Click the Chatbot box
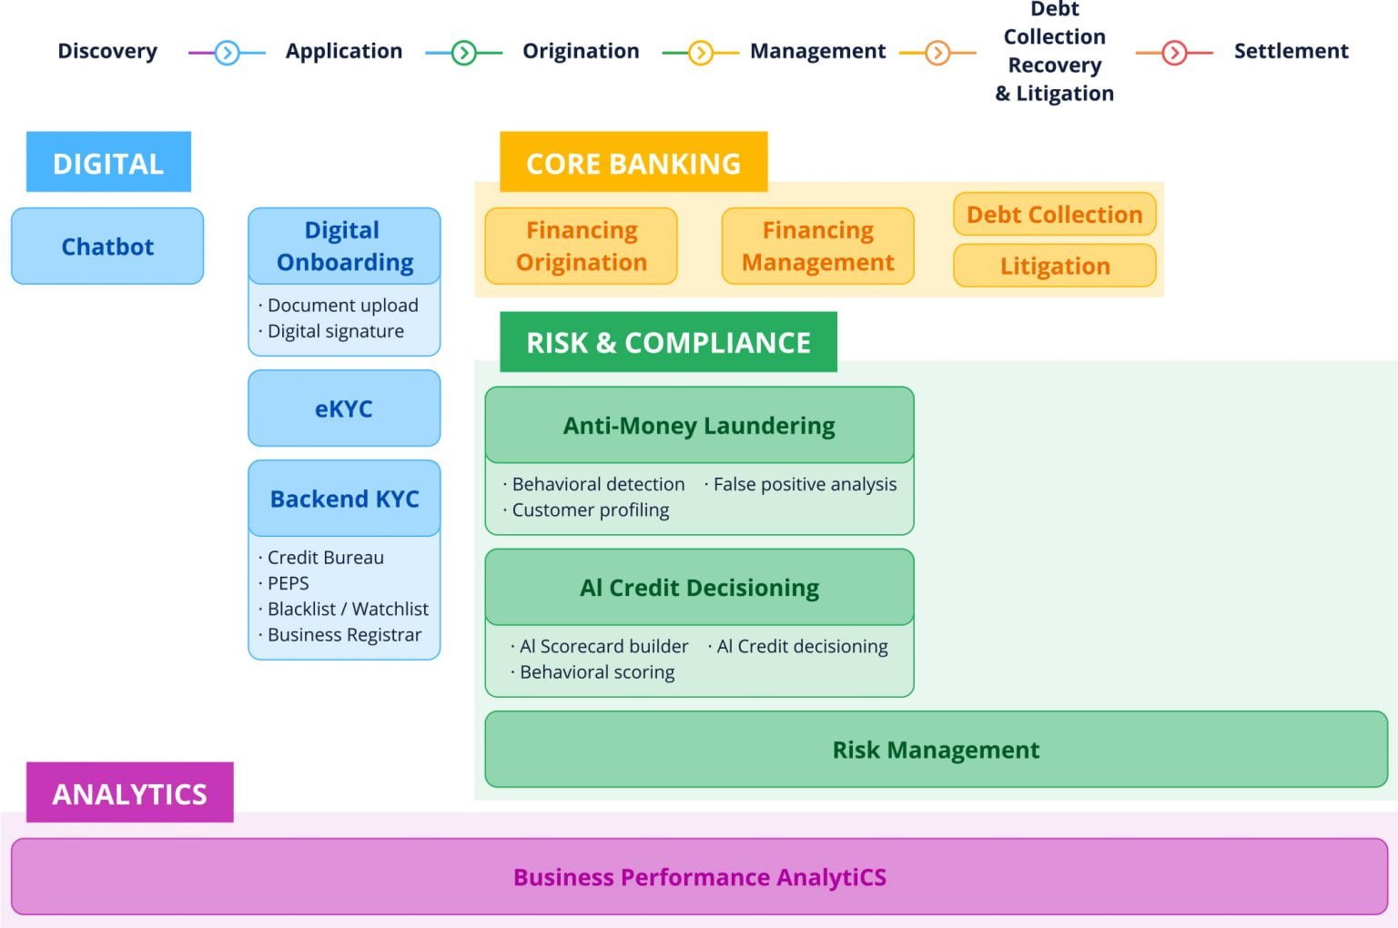click(x=107, y=247)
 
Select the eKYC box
click(x=344, y=409)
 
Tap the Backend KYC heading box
click(x=344, y=499)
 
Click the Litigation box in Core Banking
click(x=1055, y=266)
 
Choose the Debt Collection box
click(x=1055, y=215)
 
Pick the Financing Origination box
click(x=582, y=247)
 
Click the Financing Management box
click(x=817, y=247)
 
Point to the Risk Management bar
click(x=936, y=750)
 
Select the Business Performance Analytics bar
click(x=699, y=877)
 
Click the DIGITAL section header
click(x=108, y=163)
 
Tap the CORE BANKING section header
click(x=633, y=163)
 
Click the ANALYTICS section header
click(x=130, y=793)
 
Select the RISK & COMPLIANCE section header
click(x=668, y=342)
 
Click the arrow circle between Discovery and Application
click(x=227, y=53)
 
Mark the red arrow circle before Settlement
click(x=1174, y=53)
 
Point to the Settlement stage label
click(x=1291, y=51)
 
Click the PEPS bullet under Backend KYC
click(x=288, y=583)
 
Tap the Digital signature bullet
click(x=335, y=331)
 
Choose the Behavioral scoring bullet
click(x=597, y=672)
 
